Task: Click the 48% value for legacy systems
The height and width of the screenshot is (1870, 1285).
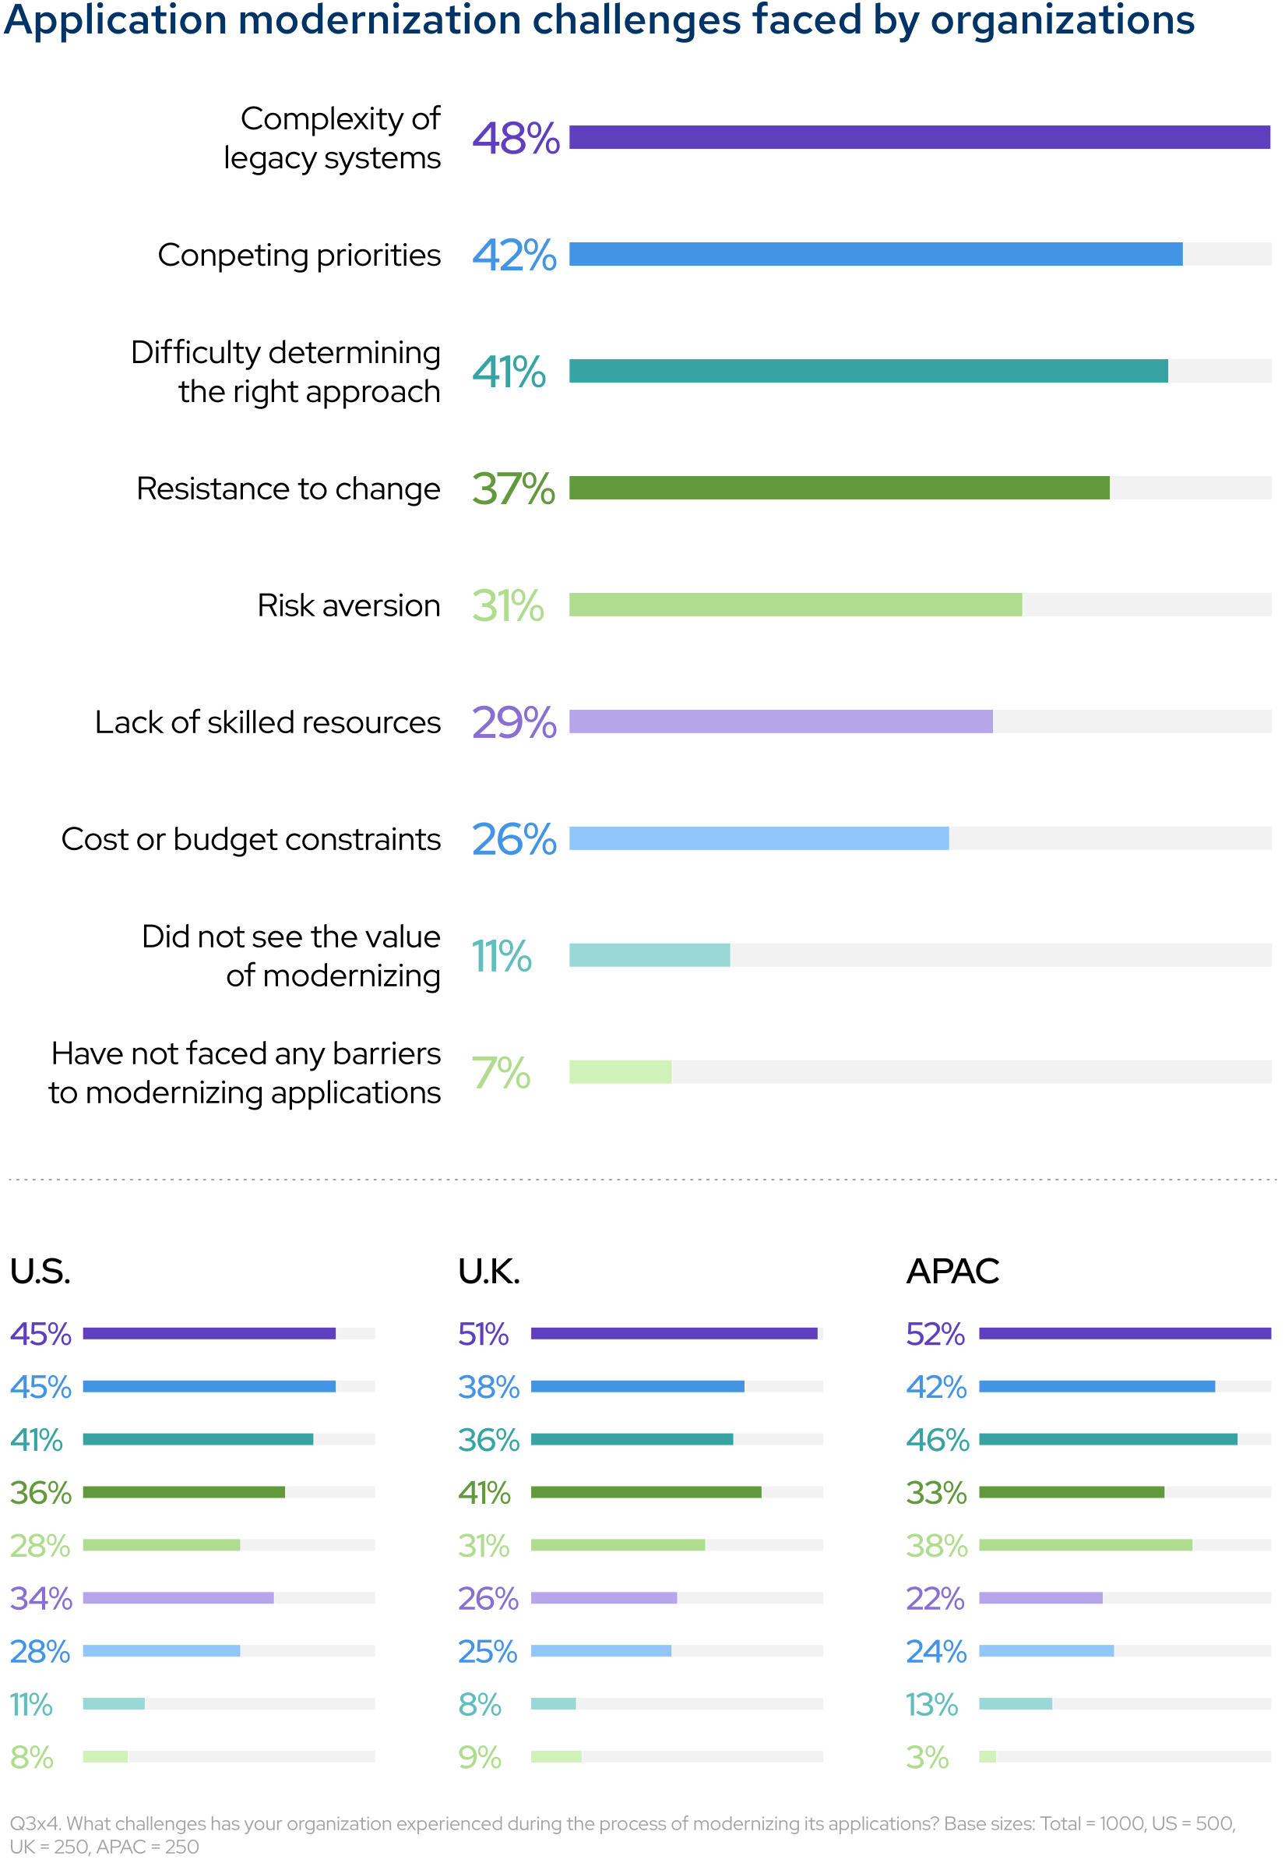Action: click(x=516, y=139)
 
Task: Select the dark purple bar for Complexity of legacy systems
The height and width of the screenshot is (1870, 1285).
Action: click(x=919, y=138)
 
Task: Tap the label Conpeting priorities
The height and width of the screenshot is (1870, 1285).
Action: click(x=299, y=256)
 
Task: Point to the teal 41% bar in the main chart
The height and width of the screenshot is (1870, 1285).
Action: click(x=868, y=371)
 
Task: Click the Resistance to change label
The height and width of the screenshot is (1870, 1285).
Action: click(x=288, y=489)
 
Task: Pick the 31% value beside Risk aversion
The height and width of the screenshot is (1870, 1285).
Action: click(x=508, y=605)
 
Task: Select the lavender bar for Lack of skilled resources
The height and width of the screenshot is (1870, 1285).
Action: click(x=780, y=722)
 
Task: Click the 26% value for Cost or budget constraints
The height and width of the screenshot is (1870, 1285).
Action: click(x=514, y=839)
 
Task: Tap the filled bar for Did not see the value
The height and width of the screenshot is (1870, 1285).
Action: click(x=649, y=955)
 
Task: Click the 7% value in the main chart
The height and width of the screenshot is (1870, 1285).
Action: click(x=501, y=1073)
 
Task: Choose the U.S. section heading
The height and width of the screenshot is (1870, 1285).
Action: click(x=40, y=1272)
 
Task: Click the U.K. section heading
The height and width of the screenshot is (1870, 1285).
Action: click(x=489, y=1272)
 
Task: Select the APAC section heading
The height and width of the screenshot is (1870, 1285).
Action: click(x=952, y=1272)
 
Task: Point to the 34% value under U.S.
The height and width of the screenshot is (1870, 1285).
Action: click(x=41, y=1599)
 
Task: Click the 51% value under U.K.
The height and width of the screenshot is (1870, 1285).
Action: click(x=483, y=1335)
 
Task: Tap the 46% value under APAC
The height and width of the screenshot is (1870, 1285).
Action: click(x=937, y=1440)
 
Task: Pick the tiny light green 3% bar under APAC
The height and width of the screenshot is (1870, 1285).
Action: click(x=987, y=1757)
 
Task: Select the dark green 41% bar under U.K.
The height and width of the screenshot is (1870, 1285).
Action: click(x=646, y=1492)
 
